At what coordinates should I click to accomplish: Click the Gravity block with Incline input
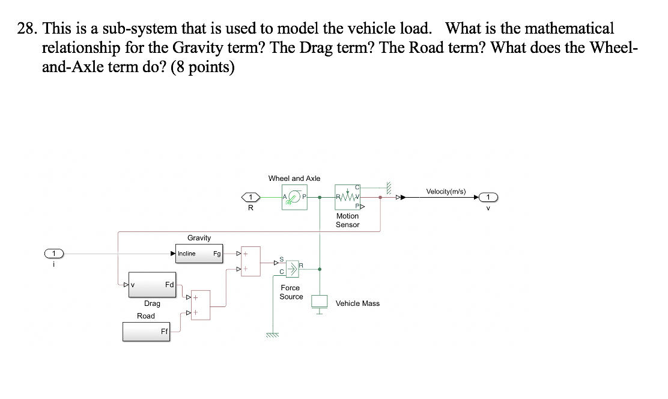tap(199, 254)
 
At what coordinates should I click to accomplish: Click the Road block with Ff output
tap(146, 332)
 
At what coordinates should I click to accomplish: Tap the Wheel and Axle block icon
tap(294, 197)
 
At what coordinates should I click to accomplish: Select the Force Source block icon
tap(292, 269)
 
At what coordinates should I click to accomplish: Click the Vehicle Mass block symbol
tap(320, 303)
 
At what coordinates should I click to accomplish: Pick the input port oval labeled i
tap(54, 254)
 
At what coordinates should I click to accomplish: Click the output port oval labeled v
tap(488, 197)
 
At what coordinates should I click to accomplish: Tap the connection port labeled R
tap(251, 197)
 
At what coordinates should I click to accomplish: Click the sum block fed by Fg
tap(251, 261)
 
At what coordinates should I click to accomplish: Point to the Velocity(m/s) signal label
tap(445, 191)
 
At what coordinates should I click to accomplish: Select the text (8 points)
tap(202, 67)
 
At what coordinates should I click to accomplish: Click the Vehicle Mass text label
tap(357, 303)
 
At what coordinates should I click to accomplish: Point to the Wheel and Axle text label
tap(294, 178)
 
